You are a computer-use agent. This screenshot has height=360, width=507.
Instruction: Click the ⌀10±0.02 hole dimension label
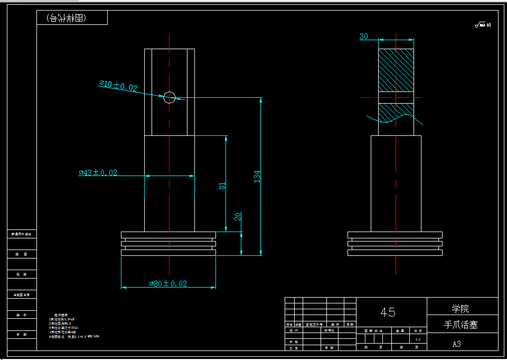pyautogui.click(x=118, y=86)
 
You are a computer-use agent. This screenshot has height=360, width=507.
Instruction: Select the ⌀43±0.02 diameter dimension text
pyautogui.click(x=98, y=172)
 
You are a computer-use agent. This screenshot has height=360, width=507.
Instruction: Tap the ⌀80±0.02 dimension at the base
pyautogui.click(x=168, y=283)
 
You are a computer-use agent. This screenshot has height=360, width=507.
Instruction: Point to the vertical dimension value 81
pyautogui.click(x=222, y=186)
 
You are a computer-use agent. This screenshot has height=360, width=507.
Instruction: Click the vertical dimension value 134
pyautogui.click(x=257, y=176)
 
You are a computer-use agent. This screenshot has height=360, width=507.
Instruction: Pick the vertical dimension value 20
pyautogui.click(x=238, y=216)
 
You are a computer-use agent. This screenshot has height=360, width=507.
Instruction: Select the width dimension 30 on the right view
pyautogui.click(x=364, y=36)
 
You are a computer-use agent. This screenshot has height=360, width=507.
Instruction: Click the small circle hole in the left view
pyautogui.click(x=169, y=97)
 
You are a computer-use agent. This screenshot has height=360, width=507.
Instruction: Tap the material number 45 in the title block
pyautogui.click(x=388, y=312)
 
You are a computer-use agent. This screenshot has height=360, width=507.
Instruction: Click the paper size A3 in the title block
pyautogui.click(x=457, y=344)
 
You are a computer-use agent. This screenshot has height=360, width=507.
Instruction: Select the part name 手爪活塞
pyautogui.click(x=462, y=325)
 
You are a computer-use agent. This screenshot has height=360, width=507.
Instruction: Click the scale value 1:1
pyautogui.click(x=418, y=339)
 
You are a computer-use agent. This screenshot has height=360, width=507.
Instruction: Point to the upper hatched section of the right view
pyautogui.click(x=396, y=69)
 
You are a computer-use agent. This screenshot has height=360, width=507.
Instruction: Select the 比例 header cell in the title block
pyautogui.click(x=418, y=330)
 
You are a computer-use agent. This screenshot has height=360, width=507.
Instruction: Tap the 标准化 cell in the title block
pyautogui.click(x=329, y=330)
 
